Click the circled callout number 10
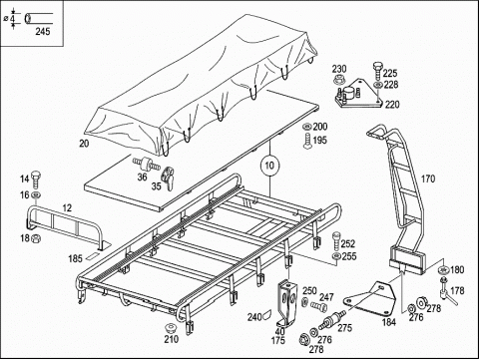click(x=269, y=166)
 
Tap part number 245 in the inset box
click(x=43, y=31)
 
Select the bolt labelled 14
click(x=35, y=180)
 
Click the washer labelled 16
click(x=36, y=194)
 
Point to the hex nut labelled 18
click(x=35, y=238)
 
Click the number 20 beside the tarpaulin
click(x=84, y=144)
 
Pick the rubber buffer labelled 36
click(x=146, y=164)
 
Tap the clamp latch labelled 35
click(x=168, y=178)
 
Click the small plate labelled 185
click(x=91, y=257)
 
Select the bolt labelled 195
click(x=307, y=141)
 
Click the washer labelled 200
click(x=307, y=127)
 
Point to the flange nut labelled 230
click(x=339, y=80)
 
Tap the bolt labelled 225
click(x=377, y=70)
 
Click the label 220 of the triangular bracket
click(x=392, y=105)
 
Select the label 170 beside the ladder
click(x=428, y=179)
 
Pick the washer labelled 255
click(x=336, y=256)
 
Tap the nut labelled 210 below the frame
click(x=171, y=328)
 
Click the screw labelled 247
click(x=319, y=305)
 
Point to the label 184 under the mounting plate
click(x=389, y=322)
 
